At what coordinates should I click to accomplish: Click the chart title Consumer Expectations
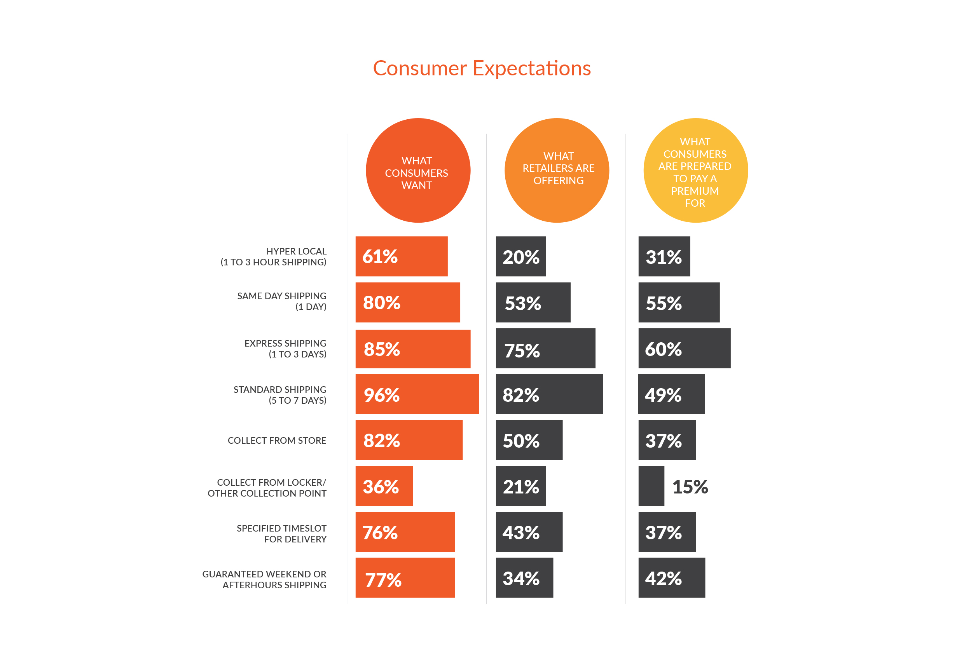pyautogui.click(x=482, y=68)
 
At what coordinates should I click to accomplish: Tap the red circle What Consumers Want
pyautogui.click(x=418, y=171)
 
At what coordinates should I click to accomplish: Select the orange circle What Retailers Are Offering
pyautogui.click(x=557, y=171)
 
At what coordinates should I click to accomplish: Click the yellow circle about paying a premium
pyautogui.click(x=695, y=171)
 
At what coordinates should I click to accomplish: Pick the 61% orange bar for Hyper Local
pyautogui.click(x=401, y=256)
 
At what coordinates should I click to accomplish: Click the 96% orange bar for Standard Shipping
pyautogui.click(x=417, y=394)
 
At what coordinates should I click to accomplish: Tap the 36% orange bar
pyautogui.click(x=384, y=486)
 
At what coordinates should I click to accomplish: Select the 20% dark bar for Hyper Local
pyautogui.click(x=520, y=256)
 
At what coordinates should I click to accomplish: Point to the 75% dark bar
pyautogui.click(x=545, y=349)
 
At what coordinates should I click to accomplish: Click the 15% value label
pyautogui.click(x=690, y=486)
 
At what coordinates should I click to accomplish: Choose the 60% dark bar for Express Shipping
pyautogui.click(x=685, y=349)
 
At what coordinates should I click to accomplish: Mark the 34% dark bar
pyautogui.click(x=524, y=577)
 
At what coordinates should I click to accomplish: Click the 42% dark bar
pyautogui.click(x=672, y=577)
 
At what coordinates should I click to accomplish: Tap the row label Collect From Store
pyautogui.click(x=277, y=441)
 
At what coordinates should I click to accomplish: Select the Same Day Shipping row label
pyautogui.click(x=282, y=301)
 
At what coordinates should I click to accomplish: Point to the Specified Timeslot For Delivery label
pyautogui.click(x=282, y=533)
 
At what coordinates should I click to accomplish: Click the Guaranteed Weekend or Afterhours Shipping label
pyautogui.click(x=264, y=579)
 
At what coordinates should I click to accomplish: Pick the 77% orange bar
pyautogui.click(x=405, y=577)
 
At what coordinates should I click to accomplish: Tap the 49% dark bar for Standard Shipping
pyautogui.click(x=671, y=394)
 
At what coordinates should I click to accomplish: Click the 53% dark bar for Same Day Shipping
pyautogui.click(x=533, y=302)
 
